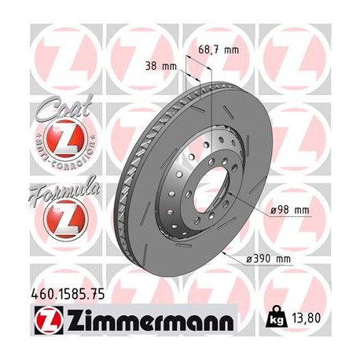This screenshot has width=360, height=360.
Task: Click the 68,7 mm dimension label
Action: click(217, 49)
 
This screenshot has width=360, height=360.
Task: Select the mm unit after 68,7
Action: click(230, 49)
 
